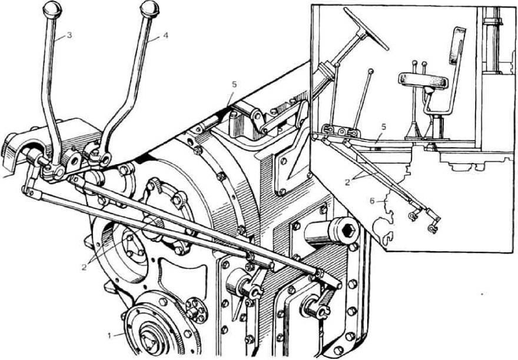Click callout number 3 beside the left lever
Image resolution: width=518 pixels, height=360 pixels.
69,35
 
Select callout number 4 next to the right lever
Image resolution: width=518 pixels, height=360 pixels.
165,35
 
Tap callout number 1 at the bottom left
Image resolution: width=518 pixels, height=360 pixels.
110,335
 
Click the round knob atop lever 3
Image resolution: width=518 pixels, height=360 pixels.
53,9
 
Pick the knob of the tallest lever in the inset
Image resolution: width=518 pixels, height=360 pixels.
369,72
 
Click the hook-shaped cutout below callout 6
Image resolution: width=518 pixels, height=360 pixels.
387,237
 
